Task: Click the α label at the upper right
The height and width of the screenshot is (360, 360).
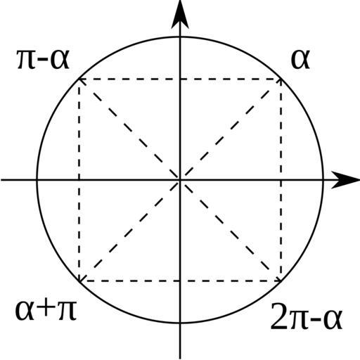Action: pyautogui.click(x=300, y=59)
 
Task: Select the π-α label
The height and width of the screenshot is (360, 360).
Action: pyautogui.click(x=44, y=60)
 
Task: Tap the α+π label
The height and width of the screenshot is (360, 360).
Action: pyautogui.click(x=46, y=311)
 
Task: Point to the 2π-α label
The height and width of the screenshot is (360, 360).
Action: pyautogui.click(x=307, y=316)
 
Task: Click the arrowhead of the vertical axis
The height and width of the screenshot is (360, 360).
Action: pyautogui.click(x=180, y=14)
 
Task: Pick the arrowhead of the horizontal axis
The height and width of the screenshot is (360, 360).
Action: pyautogui.click(x=345, y=180)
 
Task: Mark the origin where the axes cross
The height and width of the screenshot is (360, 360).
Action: pyautogui.click(x=180, y=180)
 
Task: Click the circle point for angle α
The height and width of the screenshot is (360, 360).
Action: pyautogui.click(x=281, y=79)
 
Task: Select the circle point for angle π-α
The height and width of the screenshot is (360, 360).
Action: pyautogui.click(x=79, y=79)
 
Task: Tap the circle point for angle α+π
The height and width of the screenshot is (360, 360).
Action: pyautogui.click(x=79, y=281)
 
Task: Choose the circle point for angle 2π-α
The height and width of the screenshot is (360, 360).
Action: pyautogui.click(x=281, y=281)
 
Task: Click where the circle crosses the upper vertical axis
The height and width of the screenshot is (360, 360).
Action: pyautogui.click(x=180, y=37)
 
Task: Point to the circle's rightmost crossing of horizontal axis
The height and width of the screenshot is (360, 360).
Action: pyautogui.click(x=323, y=180)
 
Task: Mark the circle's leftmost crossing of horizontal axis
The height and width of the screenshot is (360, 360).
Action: pyautogui.click(x=37, y=180)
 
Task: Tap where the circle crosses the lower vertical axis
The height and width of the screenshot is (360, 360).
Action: pyautogui.click(x=180, y=323)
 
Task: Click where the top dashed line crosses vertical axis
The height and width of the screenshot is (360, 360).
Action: pyautogui.click(x=180, y=79)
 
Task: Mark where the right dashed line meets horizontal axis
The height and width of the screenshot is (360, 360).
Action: pyautogui.click(x=281, y=180)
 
